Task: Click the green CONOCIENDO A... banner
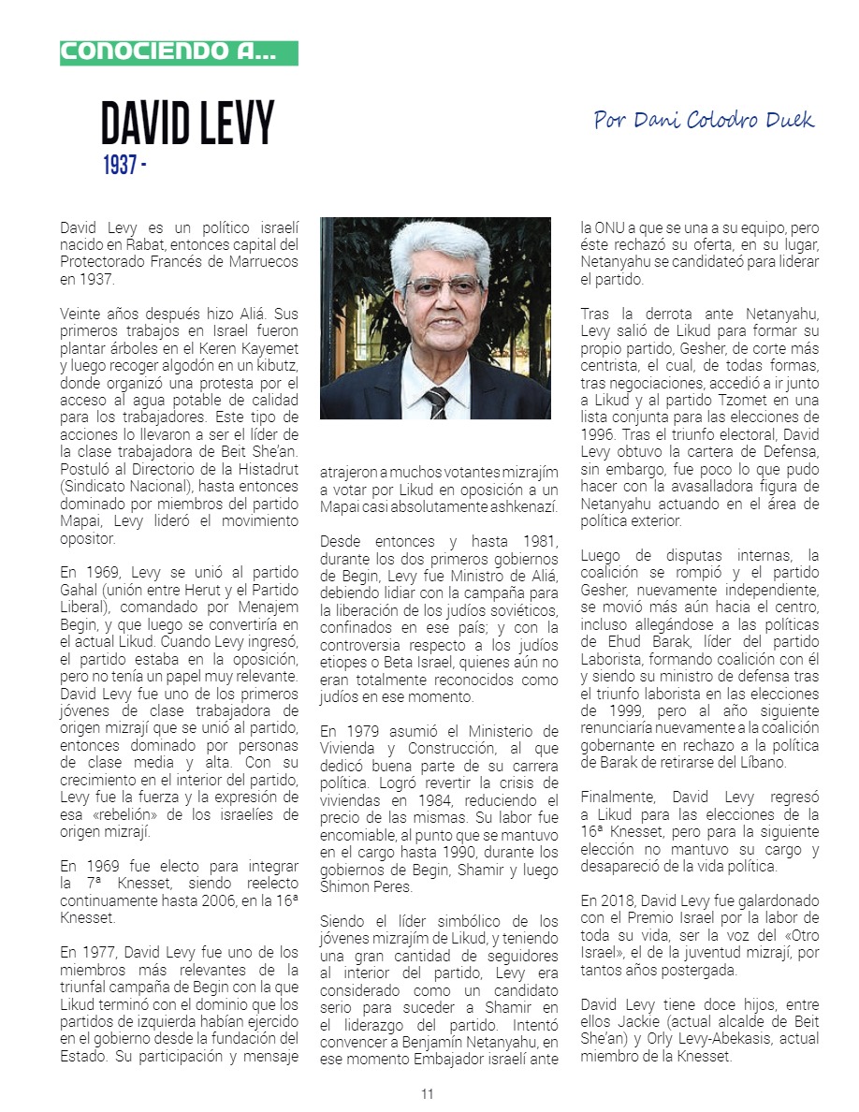pyautogui.click(x=179, y=52)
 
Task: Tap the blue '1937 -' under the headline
pyautogui.click(x=124, y=166)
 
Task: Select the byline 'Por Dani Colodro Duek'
pyautogui.click(x=704, y=120)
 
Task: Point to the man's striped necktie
pyautogui.click(x=436, y=401)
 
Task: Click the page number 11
pyautogui.click(x=428, y=1094)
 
